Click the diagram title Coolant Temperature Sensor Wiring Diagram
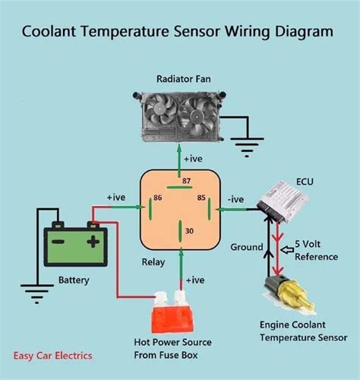pyautogui.click(x=177, y=32)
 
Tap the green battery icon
pyautogui.click(x=74, y=243)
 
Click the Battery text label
pyautogui.click(x=74, y=280)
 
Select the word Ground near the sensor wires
pyautogui.click(x=246, y=247)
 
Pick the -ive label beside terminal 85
pyautogui.click(x=236, y=198)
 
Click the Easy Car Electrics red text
pyautogui.click(x=52, y=355)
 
